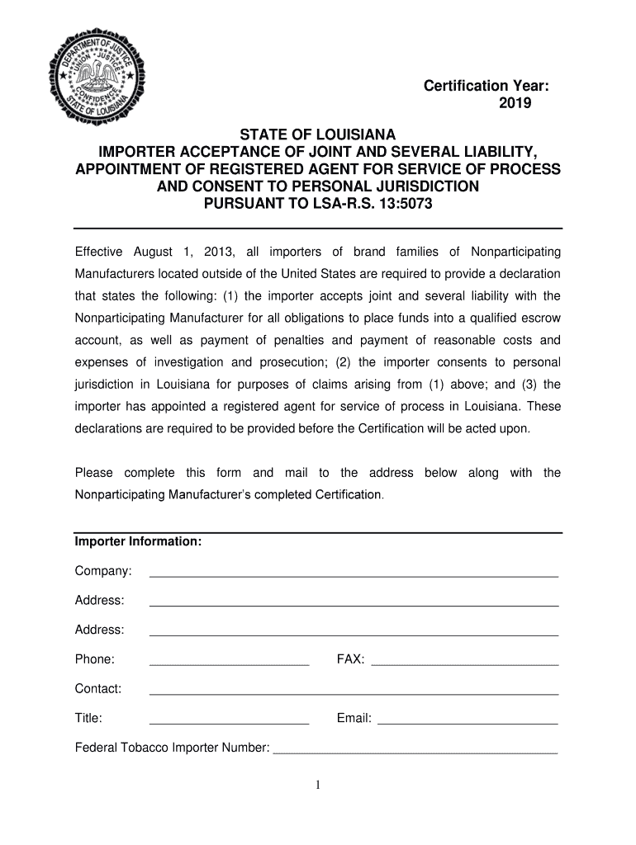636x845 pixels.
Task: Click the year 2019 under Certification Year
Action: pos(515,104)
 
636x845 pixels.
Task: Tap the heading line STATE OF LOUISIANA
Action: pos(318,134)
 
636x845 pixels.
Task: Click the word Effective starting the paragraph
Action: pos(99,251)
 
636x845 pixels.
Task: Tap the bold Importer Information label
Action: pos(139,542)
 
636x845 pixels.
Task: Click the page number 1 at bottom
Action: pos(318,785)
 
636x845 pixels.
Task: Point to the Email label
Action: pos(354,718)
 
